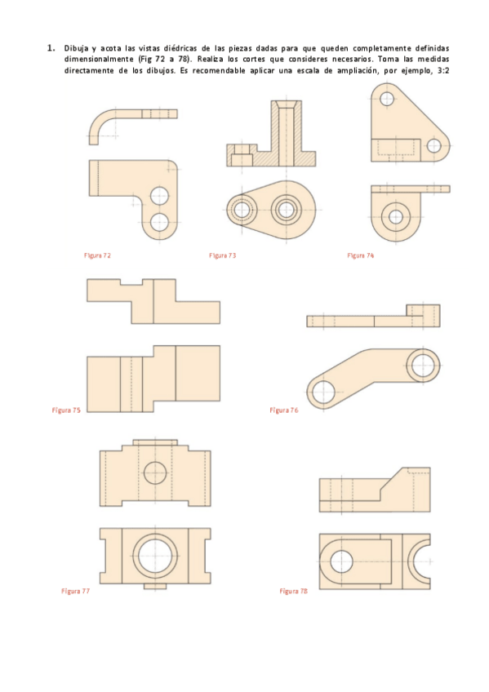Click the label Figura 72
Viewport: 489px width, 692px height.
click(97, 255)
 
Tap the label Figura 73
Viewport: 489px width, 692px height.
click(222, 255)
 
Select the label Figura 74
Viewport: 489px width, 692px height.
click(361, 255)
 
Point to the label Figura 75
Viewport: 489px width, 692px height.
click(66, 410)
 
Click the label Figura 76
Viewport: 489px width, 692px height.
click(284, 410)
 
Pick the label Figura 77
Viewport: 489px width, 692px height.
click(75, 591)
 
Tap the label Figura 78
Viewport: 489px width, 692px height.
click(294, 591)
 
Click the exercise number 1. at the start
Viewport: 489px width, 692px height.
click(51, 47)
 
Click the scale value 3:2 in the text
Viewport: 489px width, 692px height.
click(443, 71)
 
